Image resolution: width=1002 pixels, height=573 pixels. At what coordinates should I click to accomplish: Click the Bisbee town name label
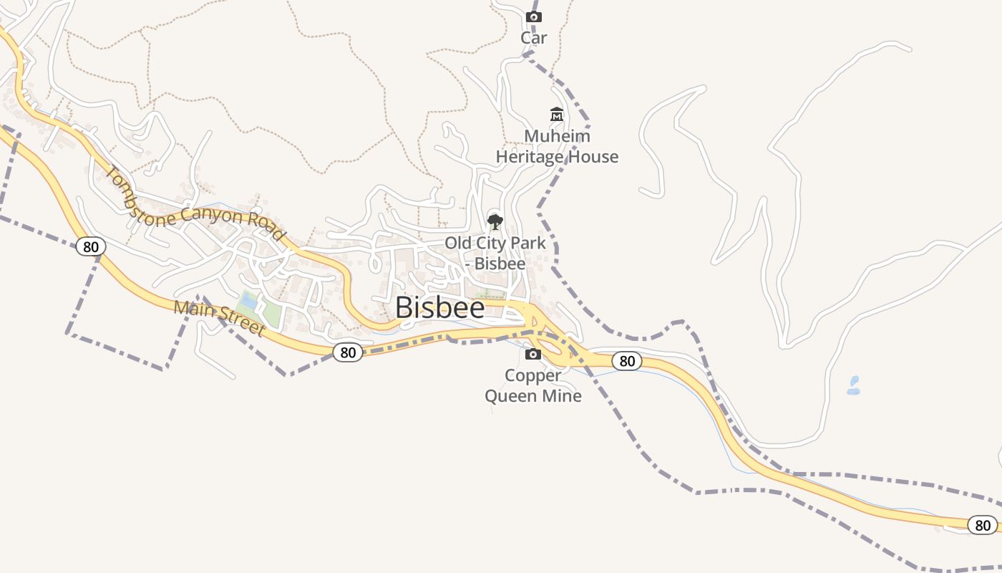pos(439,307)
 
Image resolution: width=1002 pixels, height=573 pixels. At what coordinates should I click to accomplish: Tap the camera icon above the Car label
pos(533,16)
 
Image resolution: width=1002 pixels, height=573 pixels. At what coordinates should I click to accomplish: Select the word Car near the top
pos(533,38)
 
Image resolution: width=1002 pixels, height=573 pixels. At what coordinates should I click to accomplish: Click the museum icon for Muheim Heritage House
pos(556,115)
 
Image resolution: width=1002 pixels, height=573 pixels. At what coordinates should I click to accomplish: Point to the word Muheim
pos(558,136)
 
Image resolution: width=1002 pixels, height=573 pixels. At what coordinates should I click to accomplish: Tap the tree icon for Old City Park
pos(495,221)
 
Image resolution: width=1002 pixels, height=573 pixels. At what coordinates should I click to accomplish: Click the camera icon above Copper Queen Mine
pos(533,354)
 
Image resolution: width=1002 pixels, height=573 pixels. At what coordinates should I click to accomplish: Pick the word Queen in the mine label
pos(510,395)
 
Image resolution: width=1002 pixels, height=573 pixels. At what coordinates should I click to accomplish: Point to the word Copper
pos(533,375)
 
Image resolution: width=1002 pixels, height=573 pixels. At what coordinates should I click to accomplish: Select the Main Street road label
pos(219,318)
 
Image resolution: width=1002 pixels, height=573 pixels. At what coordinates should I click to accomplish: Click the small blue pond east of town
pos(853,386)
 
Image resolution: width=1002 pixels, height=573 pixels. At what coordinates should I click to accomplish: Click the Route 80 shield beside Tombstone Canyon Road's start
pos(90,247)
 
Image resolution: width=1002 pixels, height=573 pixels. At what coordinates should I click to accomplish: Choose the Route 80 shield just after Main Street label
pos(348,352)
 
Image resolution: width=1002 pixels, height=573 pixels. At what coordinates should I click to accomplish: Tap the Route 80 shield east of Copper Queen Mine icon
pos(627,361)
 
